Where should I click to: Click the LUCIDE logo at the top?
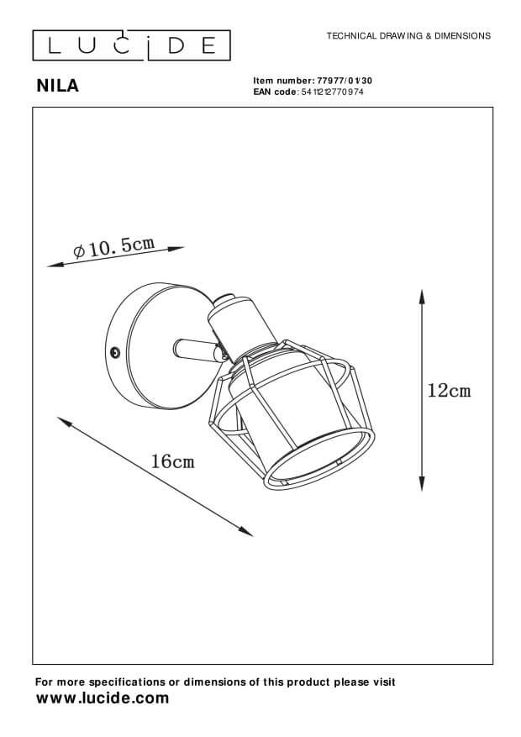pyautogui.click(x=131, y=45)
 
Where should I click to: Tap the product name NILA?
pyautogui.click(x=58, y=86)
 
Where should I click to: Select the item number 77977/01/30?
pyautogui.click(x=345, y=81)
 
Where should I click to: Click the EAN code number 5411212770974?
pyautogui.click(x=332, y=92)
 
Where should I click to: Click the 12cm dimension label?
pyautogui.click(x=449, y=391)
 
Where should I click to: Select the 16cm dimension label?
pyautogui.click(x=172, y=461)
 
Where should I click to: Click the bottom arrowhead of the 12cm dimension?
pyautogui.click(x=422, y=483)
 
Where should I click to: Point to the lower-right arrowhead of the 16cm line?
pyautogui.click(x=246, y=532)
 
